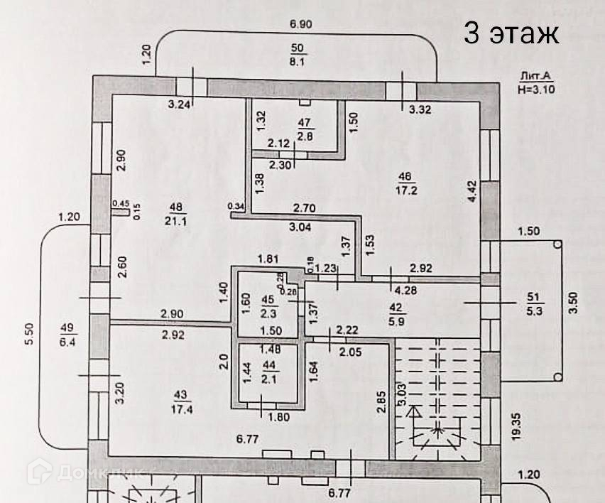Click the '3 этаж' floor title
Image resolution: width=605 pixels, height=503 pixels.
pyautogui.click(x=511, y=33)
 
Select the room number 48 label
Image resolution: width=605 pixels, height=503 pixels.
pyautogui.click(x=175, y=206)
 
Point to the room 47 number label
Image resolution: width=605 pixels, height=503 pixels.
pyautogui.click(x=305, y=122)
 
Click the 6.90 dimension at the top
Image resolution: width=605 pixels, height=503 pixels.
pyautogui.click(x=300, y=24)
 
